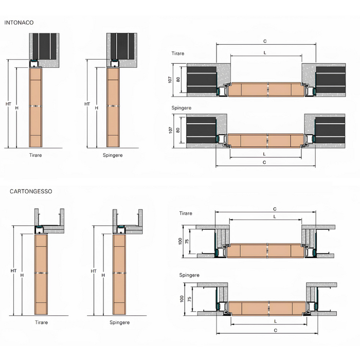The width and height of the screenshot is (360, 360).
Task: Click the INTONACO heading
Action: [19, 23]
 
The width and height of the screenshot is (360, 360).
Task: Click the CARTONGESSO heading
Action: [31, 191]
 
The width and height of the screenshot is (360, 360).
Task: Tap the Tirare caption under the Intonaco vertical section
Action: [35, 155]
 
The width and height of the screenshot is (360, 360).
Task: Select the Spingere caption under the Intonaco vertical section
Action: [113, 155]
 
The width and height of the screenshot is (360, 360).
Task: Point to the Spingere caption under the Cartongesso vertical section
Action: [120, 322]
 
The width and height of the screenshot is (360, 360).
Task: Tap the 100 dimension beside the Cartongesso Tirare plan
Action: [180, 241]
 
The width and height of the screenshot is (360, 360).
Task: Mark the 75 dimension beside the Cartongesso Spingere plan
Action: [190, 299]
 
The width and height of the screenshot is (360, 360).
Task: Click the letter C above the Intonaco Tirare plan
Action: [265, 41]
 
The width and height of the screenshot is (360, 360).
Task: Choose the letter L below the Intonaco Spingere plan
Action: [264, 154]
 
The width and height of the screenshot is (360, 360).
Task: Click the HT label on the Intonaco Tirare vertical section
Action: [8, 104]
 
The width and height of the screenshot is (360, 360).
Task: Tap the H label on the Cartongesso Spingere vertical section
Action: [103, 275]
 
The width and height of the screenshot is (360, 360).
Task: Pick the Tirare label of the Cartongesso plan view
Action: [186, 213]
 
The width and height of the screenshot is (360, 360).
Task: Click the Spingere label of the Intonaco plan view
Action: [181, 108]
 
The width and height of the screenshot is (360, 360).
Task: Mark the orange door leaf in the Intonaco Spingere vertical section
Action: [113, 108]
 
